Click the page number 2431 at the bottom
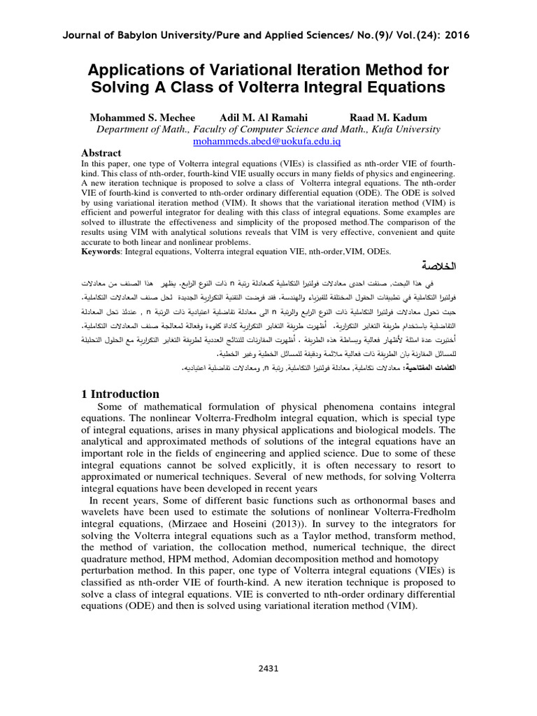pos(268,668)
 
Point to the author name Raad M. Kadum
pos(389,117)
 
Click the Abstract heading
pos(101,152)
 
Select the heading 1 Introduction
pos(121,394)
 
